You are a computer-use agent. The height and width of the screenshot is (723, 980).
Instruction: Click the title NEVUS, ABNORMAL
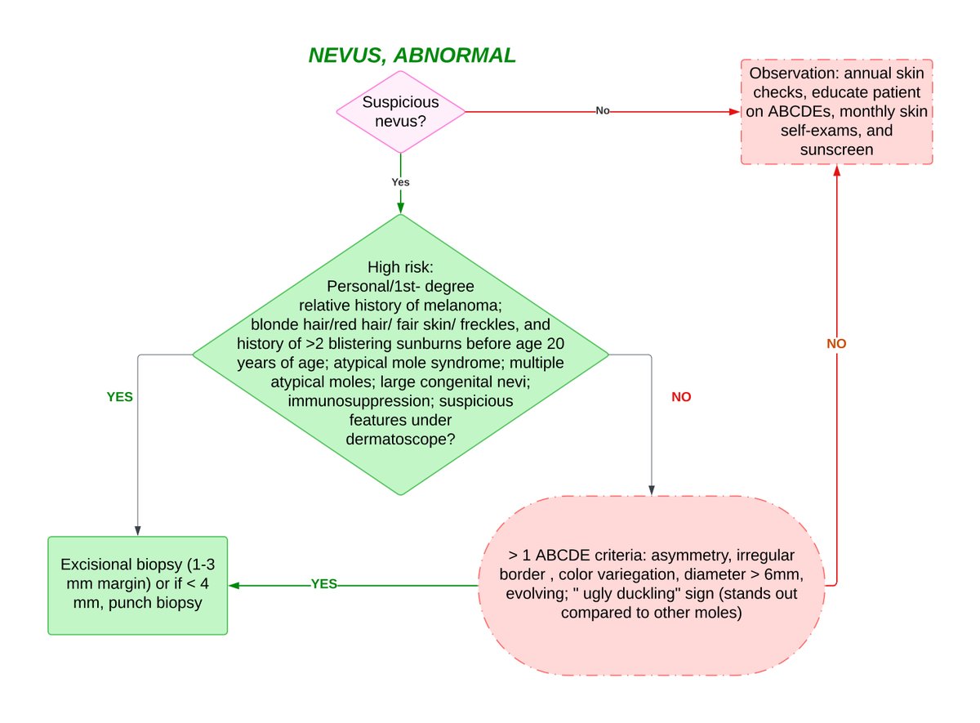(x=412, y=56)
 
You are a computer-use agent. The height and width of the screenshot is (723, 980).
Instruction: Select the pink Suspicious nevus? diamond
(x=401, y=112)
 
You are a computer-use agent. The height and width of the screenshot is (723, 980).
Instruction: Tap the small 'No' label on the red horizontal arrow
(x=603, y=111)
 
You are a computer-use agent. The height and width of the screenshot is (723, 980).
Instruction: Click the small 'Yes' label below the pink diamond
(x=400, y=182)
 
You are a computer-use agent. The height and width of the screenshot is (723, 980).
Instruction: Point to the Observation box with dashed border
(x=836, y=112)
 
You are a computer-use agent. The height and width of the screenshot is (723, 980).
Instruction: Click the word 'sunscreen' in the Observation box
(x=836, y=150)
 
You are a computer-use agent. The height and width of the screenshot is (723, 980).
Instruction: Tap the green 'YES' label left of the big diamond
(x=119, y=397)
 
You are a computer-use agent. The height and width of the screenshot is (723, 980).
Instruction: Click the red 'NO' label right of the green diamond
(x=681, y=397)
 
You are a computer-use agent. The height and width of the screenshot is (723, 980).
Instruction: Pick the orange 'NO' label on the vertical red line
(x=836, y=344)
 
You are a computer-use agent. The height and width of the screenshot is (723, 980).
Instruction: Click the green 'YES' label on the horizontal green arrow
(x=323, y=584)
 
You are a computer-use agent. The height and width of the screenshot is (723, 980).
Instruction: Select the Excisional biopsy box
(x=138, y=586)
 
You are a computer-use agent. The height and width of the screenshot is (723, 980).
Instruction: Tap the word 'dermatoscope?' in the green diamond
(x=400, y=439)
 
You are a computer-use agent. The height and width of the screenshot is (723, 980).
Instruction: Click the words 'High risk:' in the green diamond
(x=400, y=267)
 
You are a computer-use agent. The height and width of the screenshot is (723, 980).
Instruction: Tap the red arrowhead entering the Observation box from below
(x=837, y=171)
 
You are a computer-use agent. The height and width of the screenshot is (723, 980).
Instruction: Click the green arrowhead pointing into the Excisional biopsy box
(x=234, y=586)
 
